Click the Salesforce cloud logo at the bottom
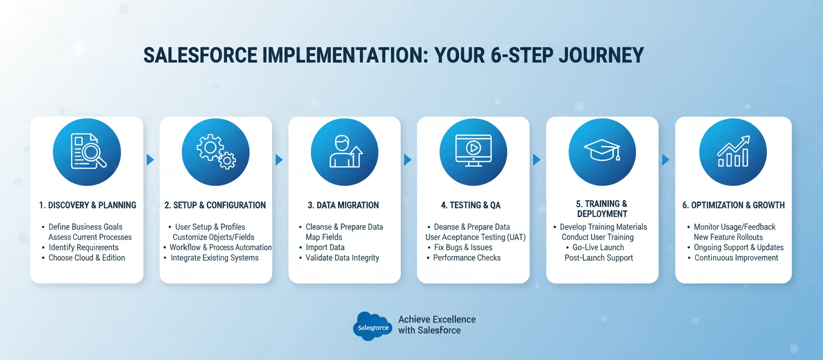click(x=373, y=326)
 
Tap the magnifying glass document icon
click(x=87, y=152)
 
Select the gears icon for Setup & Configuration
click(x=215, y=152)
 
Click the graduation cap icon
click(x=602, y=152)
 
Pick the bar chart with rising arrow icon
click(x=733, y=152)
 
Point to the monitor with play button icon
click(x=473, y=152)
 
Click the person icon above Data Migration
click(x=345, y=152)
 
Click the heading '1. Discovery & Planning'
click(x=87, y=205)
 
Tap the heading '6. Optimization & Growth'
click(x=734, y=205)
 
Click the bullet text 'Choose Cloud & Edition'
click(x=87, y=258)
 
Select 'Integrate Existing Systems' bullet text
click(x=214, y=258)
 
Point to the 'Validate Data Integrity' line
click(x=342, y=258)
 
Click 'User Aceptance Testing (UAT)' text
click(x=476, y=237)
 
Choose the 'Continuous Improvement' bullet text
click(x=736, y=258)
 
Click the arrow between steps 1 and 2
click(x=151, y=160)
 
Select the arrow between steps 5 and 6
click(x=666, y=160)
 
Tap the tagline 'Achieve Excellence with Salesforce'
click(x=436, y=325)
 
